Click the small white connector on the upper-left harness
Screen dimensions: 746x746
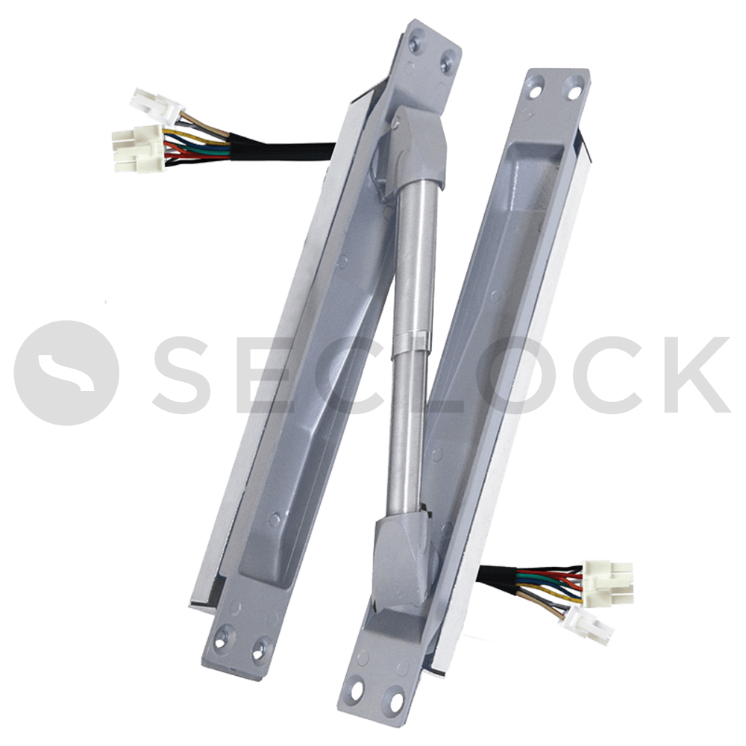click(x=154, y=106)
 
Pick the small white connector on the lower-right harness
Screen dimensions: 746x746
click(x=587, y=624)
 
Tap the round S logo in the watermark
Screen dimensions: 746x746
click(x=66, y=372)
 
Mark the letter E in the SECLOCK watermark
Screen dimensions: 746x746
click(x=266, y=374)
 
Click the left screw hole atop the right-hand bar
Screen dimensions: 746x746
click(x=536, y=93)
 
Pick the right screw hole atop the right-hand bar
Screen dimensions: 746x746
click(x=574, y=93)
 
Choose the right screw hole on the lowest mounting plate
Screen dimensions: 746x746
click(x=394, y=695)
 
